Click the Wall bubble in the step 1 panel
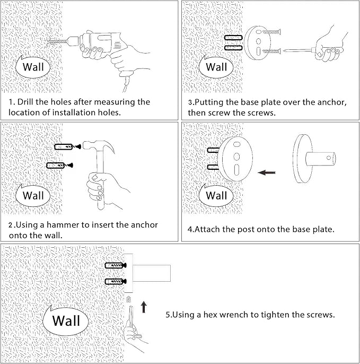point(33,67)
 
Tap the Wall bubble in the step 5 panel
point(66,321)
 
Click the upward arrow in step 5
point(143,307)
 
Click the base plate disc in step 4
point(236,158)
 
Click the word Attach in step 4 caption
point(210,230)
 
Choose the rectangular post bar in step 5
point(151,273)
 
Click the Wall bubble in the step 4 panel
point(216,195)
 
